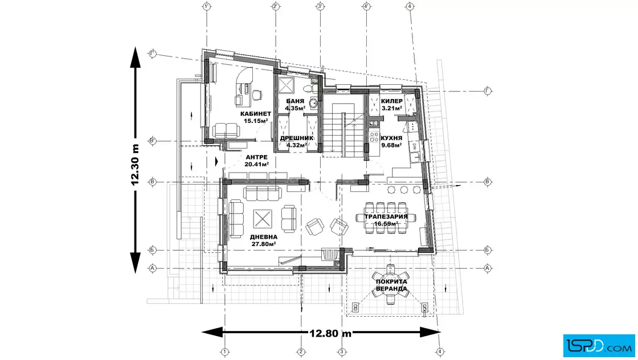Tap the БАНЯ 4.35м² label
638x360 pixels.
295,105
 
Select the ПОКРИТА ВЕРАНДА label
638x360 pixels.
391,285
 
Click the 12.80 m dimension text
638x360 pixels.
330,334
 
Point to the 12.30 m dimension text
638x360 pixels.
135,165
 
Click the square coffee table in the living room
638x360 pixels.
263,219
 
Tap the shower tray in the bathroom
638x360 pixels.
286,85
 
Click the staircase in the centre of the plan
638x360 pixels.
342,129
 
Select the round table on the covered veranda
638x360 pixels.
391,284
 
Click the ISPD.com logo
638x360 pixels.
599,346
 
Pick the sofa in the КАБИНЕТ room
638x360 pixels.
226,131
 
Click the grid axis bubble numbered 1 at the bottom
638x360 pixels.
224,352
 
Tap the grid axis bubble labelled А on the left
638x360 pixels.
153,268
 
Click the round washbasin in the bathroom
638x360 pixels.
313,103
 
